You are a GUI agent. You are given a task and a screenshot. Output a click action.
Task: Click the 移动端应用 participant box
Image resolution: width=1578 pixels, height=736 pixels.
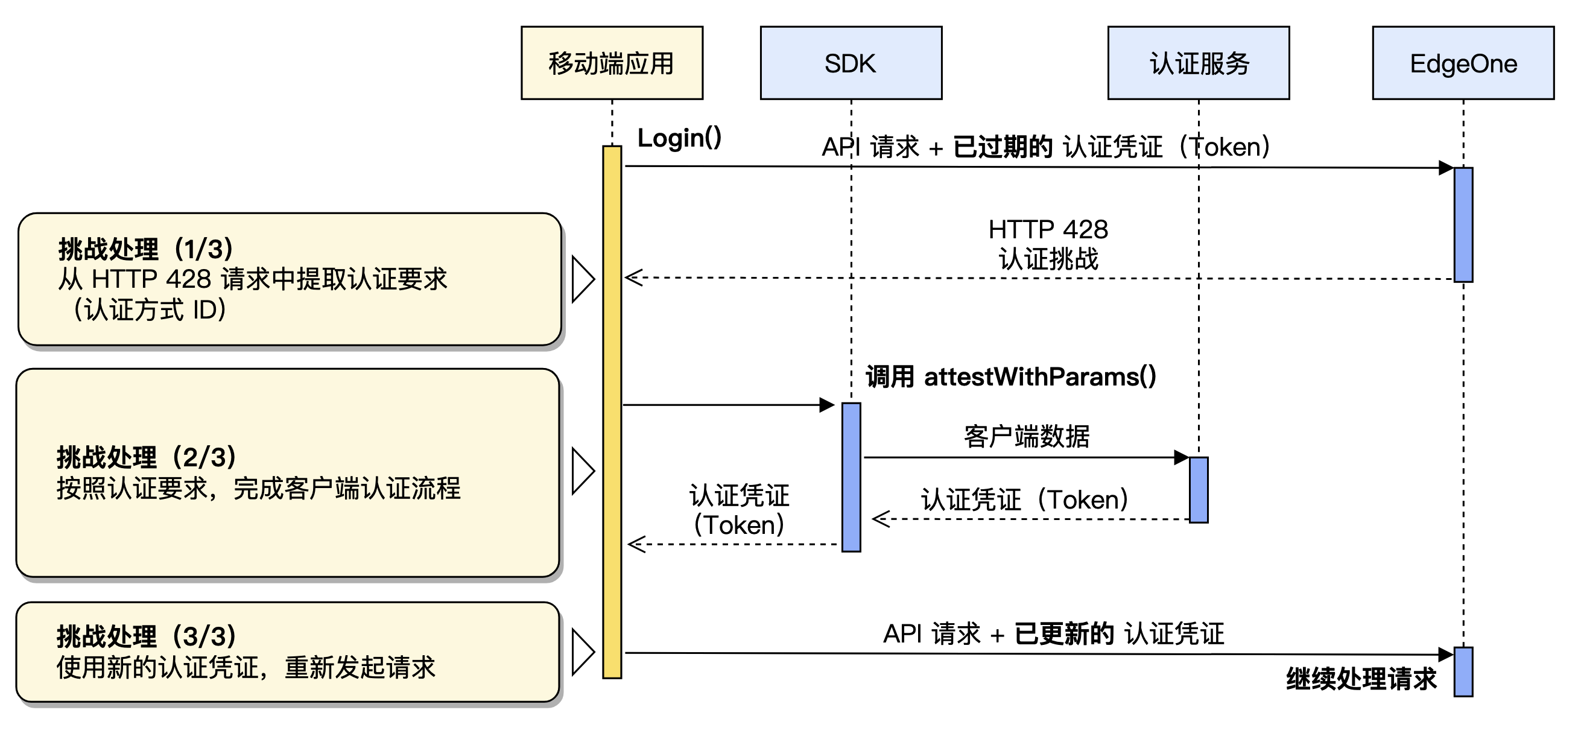611,63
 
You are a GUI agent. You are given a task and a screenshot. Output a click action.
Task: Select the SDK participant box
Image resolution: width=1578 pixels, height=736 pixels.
851,63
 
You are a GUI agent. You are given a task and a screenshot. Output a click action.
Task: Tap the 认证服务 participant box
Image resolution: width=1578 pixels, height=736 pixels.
1198,63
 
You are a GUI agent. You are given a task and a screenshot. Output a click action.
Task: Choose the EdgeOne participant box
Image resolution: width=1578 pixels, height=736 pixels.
1463,63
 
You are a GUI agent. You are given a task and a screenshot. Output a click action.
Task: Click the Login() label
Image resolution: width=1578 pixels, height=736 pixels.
679,138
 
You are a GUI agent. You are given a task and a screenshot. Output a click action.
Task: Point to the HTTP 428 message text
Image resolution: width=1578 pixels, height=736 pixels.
1048,230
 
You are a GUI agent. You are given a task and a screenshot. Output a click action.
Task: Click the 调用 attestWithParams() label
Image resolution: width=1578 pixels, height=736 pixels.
1010,376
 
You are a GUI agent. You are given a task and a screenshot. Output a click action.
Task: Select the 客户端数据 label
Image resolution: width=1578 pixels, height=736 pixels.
1026,436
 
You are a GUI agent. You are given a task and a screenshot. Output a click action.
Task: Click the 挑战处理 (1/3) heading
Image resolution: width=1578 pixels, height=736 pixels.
146,249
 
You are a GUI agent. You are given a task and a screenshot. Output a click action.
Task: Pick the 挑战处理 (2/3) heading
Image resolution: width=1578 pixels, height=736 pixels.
146,457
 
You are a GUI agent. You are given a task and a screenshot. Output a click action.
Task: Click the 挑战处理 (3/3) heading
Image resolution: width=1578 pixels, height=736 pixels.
146,636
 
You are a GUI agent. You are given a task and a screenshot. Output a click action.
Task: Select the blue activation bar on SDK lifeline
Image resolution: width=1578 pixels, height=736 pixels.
851,477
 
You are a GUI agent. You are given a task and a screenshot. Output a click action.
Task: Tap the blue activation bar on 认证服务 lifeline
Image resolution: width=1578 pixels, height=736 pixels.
1198,490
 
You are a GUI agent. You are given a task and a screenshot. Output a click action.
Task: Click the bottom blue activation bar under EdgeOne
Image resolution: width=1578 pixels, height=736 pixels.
1463,671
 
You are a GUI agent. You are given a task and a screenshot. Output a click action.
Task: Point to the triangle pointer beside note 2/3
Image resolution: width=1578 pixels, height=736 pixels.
582,471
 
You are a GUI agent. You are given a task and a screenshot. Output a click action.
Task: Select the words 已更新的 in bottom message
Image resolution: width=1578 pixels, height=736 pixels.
1063,633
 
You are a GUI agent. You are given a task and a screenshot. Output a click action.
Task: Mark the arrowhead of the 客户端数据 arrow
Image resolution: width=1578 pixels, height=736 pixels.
1182,457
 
